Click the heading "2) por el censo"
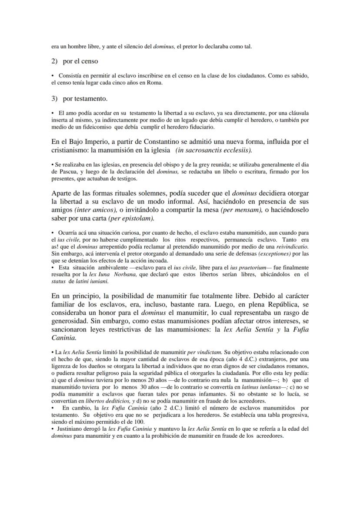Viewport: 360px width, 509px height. (74, 61)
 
